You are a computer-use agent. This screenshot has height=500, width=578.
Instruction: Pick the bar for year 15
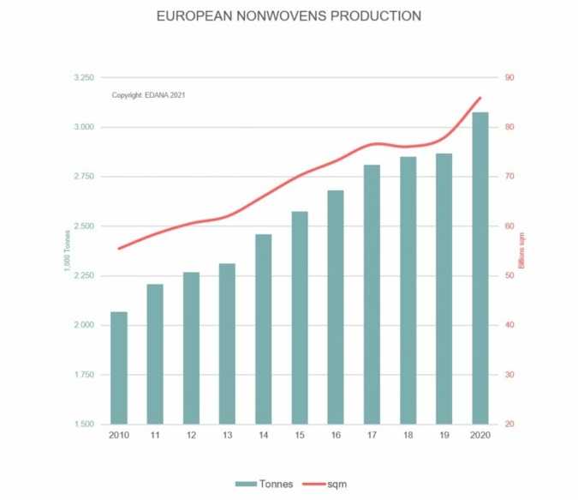tap(300, 317)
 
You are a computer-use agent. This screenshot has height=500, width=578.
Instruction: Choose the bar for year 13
tap(227, 343)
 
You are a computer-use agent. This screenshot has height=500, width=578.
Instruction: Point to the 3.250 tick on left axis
tap(86, 78)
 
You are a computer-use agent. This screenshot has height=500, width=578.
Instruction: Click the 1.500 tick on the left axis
tap(86, 425)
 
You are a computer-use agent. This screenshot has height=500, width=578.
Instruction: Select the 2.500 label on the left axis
tap(86, 226)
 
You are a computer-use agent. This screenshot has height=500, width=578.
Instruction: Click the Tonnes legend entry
tap(265, 484)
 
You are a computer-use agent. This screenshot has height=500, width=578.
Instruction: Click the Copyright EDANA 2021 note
tap(148, 95)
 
